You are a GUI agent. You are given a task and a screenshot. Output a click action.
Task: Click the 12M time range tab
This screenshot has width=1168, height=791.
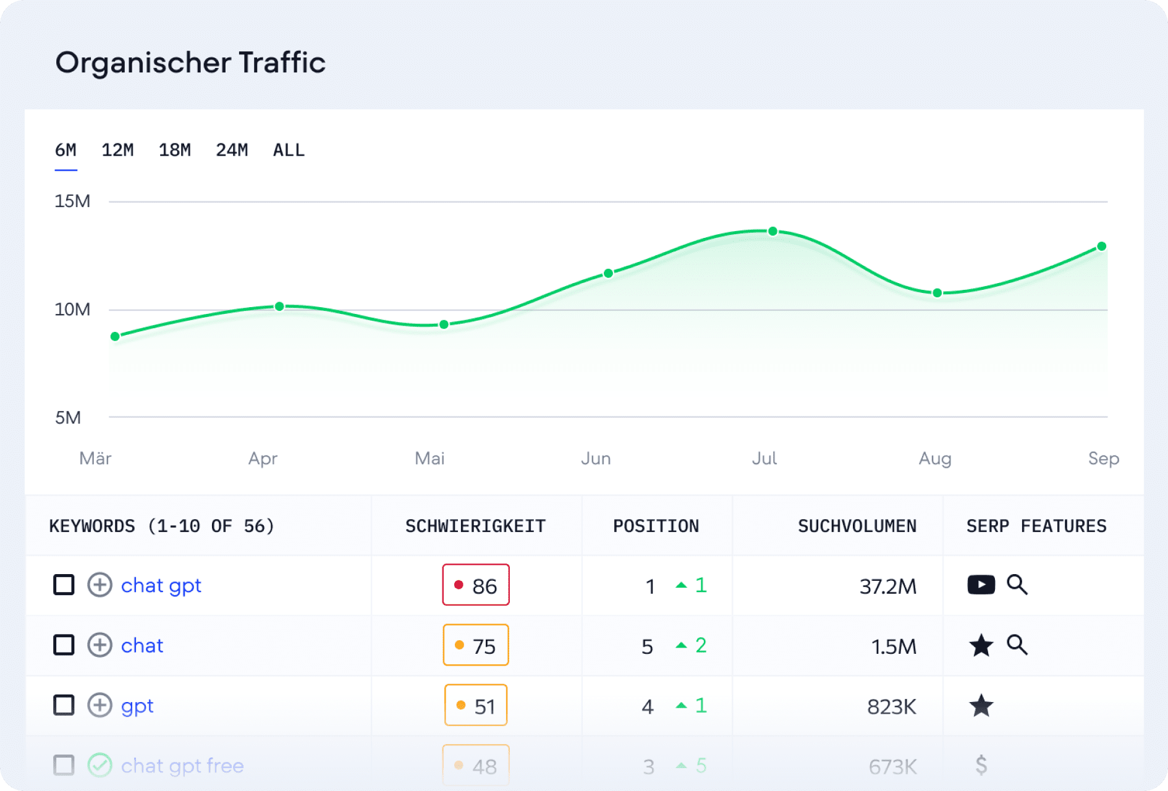click(x=117, y=150)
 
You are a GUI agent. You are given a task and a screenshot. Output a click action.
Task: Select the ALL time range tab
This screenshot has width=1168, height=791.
click(x=289, y=150)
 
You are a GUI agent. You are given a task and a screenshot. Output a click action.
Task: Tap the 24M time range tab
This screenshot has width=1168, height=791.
click(x=232, y=150)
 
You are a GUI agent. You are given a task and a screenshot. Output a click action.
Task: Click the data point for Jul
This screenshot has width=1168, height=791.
click(x=772, y=232)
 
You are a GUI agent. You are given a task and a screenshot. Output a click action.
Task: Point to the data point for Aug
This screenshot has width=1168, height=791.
click(x=937, y=293)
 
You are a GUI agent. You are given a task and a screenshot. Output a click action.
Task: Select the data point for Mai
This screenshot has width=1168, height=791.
click(x=444, y=324)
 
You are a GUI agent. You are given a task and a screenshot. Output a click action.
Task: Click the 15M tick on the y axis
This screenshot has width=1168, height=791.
click(x=72, y=201)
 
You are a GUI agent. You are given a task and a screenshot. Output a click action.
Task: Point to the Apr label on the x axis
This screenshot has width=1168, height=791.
click(x=263, y=459)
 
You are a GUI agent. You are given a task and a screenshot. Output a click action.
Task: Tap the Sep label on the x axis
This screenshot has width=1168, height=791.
click(x=1103, y=459)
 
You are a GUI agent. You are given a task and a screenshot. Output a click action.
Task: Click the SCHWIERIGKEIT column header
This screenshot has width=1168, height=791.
click(x=475, y=526)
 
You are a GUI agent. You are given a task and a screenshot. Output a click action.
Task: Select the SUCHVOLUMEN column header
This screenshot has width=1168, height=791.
click(x=857, y=526)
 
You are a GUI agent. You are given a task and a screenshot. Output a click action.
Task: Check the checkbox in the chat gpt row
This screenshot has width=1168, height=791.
click(x=64, y=585)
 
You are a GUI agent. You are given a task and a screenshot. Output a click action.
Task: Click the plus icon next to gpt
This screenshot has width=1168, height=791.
click(x=99, y=705)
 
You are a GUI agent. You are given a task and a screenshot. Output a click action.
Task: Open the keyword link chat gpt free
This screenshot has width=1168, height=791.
click(x=182, y=766)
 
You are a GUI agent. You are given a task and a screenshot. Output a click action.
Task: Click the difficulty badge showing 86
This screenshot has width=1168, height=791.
click(x=476, y=585)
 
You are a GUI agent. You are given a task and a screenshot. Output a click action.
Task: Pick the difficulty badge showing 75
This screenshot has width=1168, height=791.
click(x=476, y=645)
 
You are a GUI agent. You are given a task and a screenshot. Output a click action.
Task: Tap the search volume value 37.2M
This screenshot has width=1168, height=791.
click(x=887, y=586)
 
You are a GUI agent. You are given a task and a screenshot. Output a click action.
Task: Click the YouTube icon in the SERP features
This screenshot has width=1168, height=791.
click(x=981, y=585)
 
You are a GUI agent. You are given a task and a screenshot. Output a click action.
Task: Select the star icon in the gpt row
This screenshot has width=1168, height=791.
click(x=981, y=705)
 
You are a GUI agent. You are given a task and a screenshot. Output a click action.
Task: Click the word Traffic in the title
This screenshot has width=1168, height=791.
click(x=282, y=62)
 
